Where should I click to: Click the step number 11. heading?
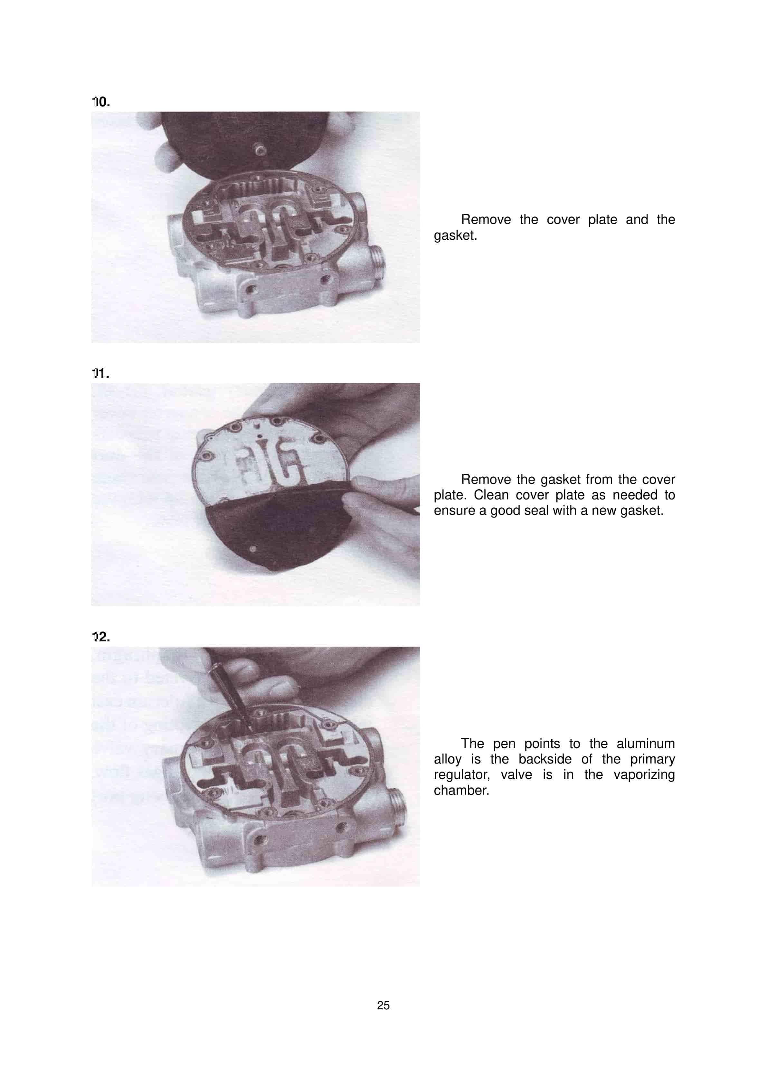[x=100, y=373]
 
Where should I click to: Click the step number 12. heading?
[x=101, y=637]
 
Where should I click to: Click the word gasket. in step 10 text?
[x=455, y=235]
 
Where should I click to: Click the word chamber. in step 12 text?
[x=461, y=790]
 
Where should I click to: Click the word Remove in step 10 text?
[x=486, y=220]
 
